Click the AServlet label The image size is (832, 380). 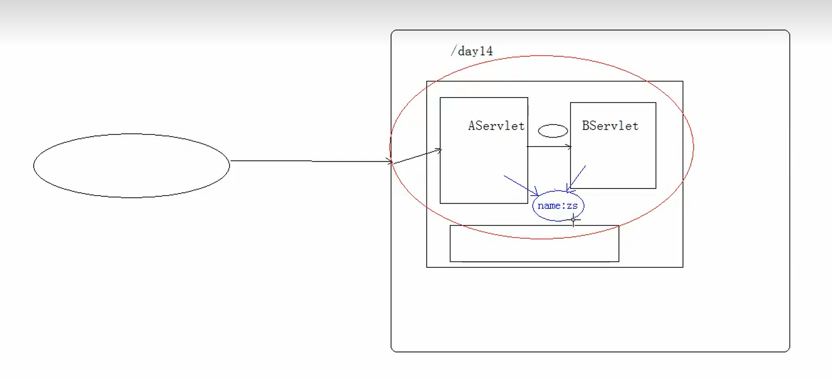click(496, 126)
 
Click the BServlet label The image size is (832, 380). click(610, 126)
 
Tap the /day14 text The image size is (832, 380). click(471, 51)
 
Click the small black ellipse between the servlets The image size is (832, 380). click(553, 131)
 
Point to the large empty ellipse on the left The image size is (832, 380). click(132, 166)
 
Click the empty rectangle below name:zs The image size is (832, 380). click(534, 244)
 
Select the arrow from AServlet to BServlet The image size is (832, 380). click(549, 147)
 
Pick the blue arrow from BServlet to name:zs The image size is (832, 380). click(578, 177)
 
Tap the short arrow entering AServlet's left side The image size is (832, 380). click(417, 156)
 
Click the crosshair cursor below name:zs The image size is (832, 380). click(573, 220)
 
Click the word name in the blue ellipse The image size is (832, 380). click(548, 206)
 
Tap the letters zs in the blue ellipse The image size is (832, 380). click(572, 206)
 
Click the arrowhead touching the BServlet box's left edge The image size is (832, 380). click(569, 147)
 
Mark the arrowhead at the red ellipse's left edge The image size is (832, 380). click(390, 162)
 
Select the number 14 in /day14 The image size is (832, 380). click(486, 51)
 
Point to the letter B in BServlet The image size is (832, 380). click(586, 126)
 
